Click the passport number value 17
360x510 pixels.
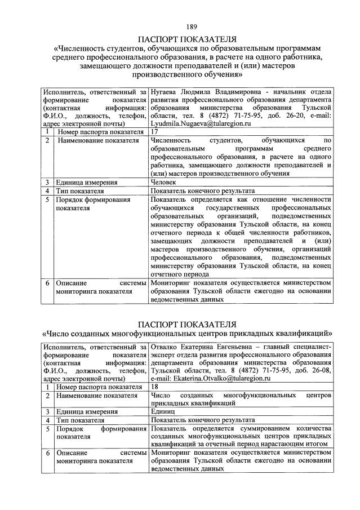click(156, 131)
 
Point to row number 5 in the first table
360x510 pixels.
click(48, 199)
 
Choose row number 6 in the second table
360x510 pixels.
click(48, 453)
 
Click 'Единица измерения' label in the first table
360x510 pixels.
click(87, 182)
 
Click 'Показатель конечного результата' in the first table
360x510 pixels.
click(203, 190)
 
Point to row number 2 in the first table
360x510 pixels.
click(48, 139)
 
